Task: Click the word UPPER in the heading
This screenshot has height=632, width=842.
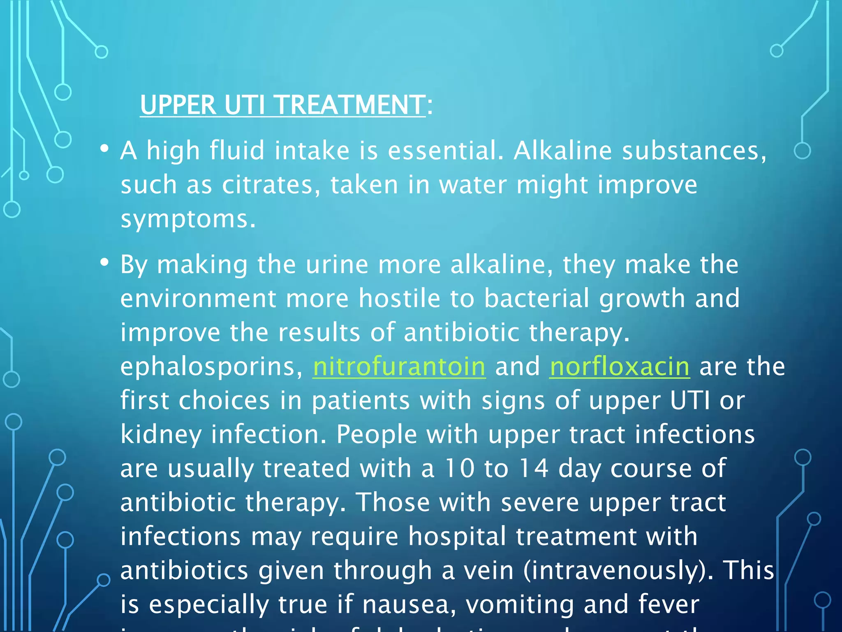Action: pos(178,105)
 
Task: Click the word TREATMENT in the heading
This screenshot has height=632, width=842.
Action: pos(350,105)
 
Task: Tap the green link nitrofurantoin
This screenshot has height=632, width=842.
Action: pos(399,366)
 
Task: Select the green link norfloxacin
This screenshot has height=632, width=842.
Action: pos(619,366)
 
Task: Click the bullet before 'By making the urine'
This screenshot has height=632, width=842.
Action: pos(104,262)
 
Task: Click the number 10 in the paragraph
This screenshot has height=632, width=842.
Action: pos(460,468)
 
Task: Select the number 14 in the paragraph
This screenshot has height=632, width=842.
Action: pos(533,468)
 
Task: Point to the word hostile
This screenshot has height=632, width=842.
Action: pos(399,298)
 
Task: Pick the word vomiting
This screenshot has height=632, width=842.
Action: pos(519,605)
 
